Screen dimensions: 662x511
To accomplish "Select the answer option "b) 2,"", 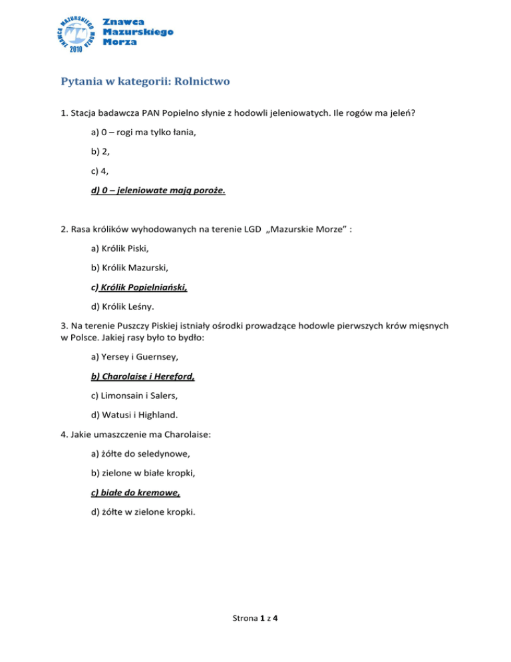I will [99, 153].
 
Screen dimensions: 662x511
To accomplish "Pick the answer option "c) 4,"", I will [99, 172].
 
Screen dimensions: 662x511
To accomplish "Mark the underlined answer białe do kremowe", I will [136, 494].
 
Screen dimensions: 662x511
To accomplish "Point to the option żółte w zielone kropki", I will [143, 513].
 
